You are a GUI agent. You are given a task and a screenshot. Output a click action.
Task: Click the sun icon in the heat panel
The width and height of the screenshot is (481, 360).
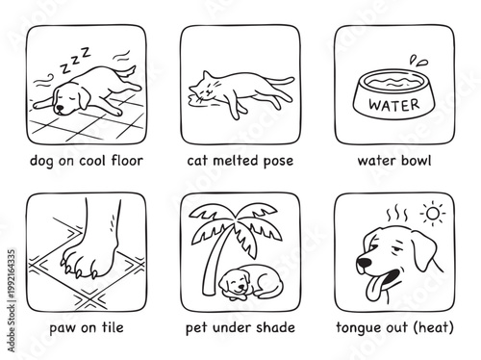(433, 211)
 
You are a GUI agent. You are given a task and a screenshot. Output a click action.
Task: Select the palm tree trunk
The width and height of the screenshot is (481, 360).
(232, 252)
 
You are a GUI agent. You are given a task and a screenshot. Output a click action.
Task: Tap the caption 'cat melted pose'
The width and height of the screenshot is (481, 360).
(240, 159)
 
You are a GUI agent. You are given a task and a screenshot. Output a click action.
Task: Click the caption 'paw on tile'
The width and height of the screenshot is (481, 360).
(87, 326)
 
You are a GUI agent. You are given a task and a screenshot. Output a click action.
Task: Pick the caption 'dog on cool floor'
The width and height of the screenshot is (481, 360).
(87, 159)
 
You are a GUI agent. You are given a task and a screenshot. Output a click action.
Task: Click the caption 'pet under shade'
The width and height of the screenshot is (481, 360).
(240, 326)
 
